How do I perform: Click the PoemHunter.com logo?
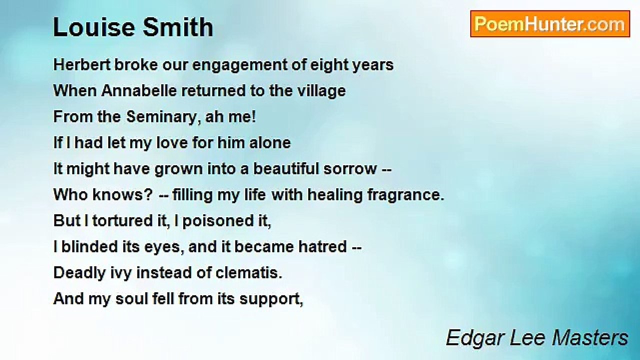pyautogui.click(x=550, y=24)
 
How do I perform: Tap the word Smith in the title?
pyautogui.click(x=178, y=27)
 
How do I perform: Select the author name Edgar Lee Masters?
pyautogui.click(x=537, y=338)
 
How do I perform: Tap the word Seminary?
pyautogui.click(x=161, y=117)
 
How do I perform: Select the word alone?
pyautogui.click(x=270, y=143)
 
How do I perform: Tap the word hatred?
pyautogui.click(x=322, y=247)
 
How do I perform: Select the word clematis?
pyautogui.click(x=249, y=273)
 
